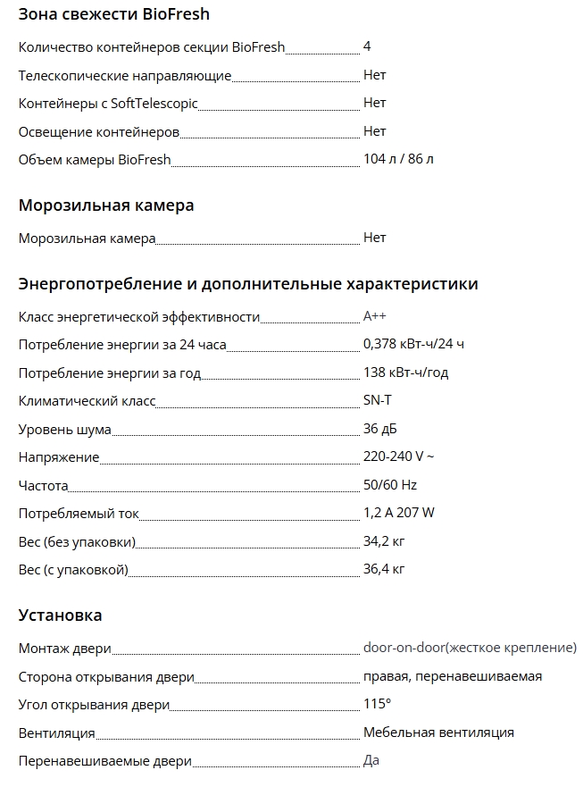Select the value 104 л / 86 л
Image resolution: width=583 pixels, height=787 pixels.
point(398,160)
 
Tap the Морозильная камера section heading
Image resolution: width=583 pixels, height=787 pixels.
point(106,205)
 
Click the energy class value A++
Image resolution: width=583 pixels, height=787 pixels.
point(375,316)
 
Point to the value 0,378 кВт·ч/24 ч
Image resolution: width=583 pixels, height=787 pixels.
point(413,344)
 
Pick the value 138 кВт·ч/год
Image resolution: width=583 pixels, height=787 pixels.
point(405,373)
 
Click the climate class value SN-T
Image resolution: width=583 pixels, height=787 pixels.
point(377,401)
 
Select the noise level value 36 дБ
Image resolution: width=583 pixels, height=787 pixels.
point(380,430)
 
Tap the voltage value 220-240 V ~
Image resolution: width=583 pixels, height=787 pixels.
point(398,457)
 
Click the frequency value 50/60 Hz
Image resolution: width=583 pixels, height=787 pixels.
point(390,485)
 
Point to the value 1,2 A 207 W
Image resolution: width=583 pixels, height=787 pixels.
point(399,513)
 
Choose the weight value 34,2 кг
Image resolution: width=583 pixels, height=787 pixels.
point(384,541)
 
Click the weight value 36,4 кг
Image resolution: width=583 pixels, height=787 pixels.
point(384,569)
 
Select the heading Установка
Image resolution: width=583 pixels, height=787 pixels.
point(61,615)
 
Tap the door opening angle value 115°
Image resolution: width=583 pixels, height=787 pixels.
point(377,704)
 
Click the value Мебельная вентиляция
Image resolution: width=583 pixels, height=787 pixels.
point(438,733)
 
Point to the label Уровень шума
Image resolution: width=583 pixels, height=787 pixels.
point(65,430)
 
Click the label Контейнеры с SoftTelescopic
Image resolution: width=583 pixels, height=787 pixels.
point(108,104)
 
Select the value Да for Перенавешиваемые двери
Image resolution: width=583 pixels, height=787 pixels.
point(371,760)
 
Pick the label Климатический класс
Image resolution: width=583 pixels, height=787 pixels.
point(87,401)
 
